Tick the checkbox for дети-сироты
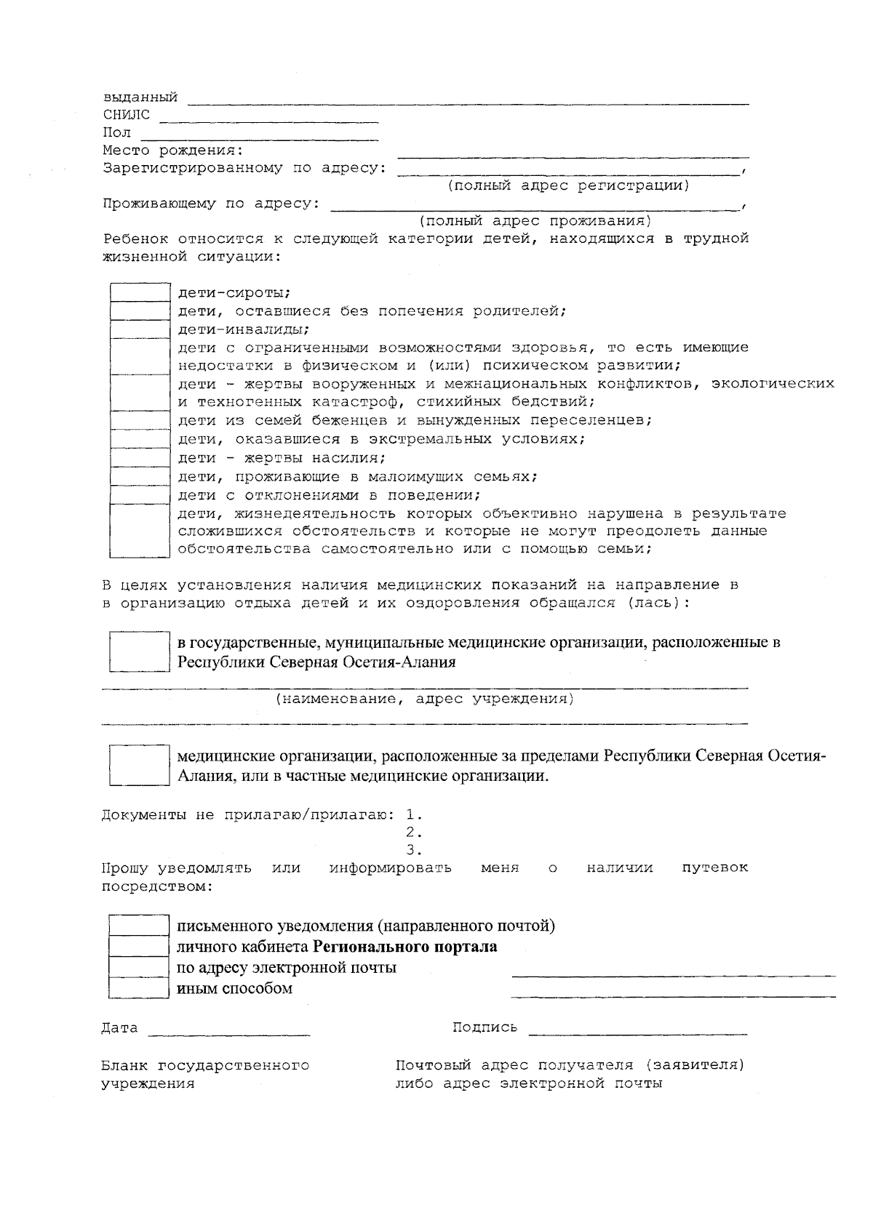[x=139, y=293]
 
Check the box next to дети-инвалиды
[x=139, y=329]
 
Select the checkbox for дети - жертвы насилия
[x=139, y=458]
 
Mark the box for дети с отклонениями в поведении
[x=139, y=495]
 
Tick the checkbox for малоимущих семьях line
[x=139, y=477]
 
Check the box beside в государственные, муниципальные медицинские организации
[x=139, y=651]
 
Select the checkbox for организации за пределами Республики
[x=139, y=765]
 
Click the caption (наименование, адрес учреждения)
[x=425, y=699]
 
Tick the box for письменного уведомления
[x=139, y=926]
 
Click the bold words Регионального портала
[x=405, y=947]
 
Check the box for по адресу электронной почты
[x=139, y=968]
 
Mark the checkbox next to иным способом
[x=139, y=988]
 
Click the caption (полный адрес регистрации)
[x=568, y=186]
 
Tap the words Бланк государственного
[x=205, y=1066]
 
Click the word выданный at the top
[x=140, y=97]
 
